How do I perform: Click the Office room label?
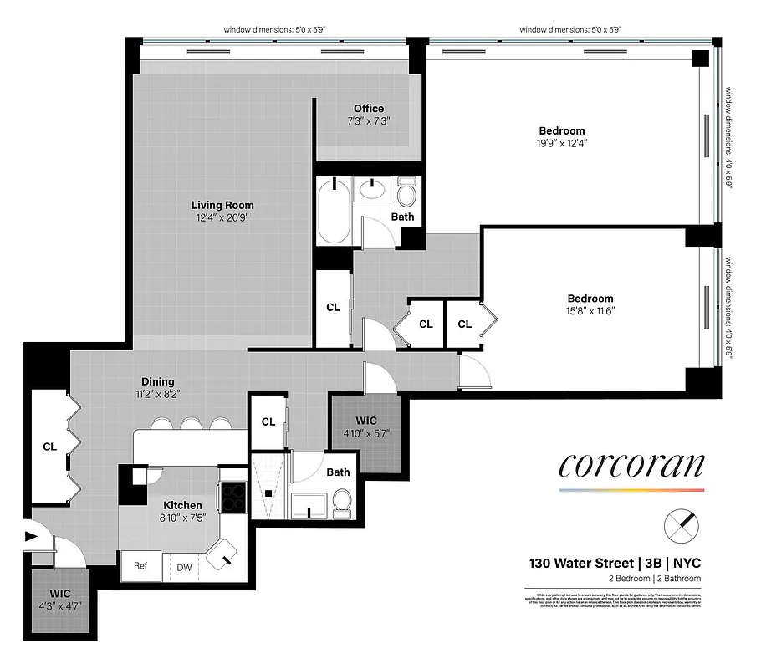[x=368, y=109]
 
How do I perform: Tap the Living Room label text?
[x=222, y=205]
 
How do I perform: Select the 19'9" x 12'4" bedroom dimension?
[x=561, y=143]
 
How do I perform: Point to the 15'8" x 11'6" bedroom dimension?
[x=590, y=311]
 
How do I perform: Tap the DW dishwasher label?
[x=183, y=567]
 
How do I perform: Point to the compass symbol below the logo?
[x=679, y=527]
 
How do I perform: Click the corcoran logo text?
[x=631, y=464]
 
